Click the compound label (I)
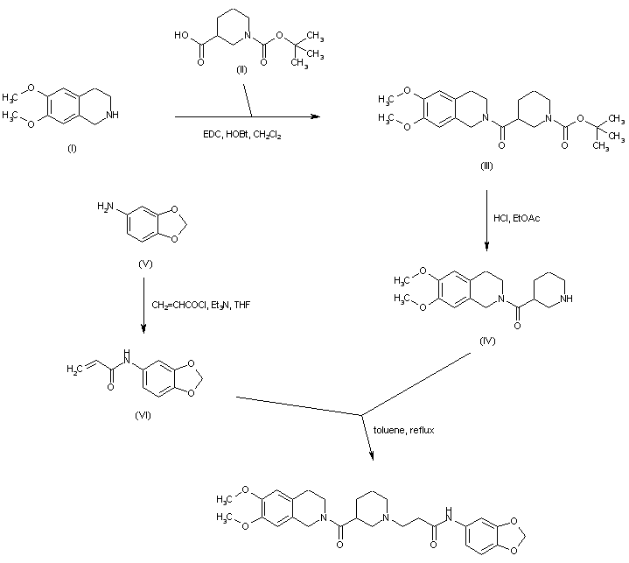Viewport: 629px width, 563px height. [x=72, y=149]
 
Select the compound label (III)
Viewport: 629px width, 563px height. [x=486, y=165]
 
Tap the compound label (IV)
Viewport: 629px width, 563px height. [x=487, y=339]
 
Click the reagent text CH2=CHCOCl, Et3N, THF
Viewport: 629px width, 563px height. [x=201, y=304]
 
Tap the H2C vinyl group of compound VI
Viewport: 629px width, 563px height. [x=77, y=369]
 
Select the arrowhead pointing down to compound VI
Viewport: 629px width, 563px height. [x=143, y=329]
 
